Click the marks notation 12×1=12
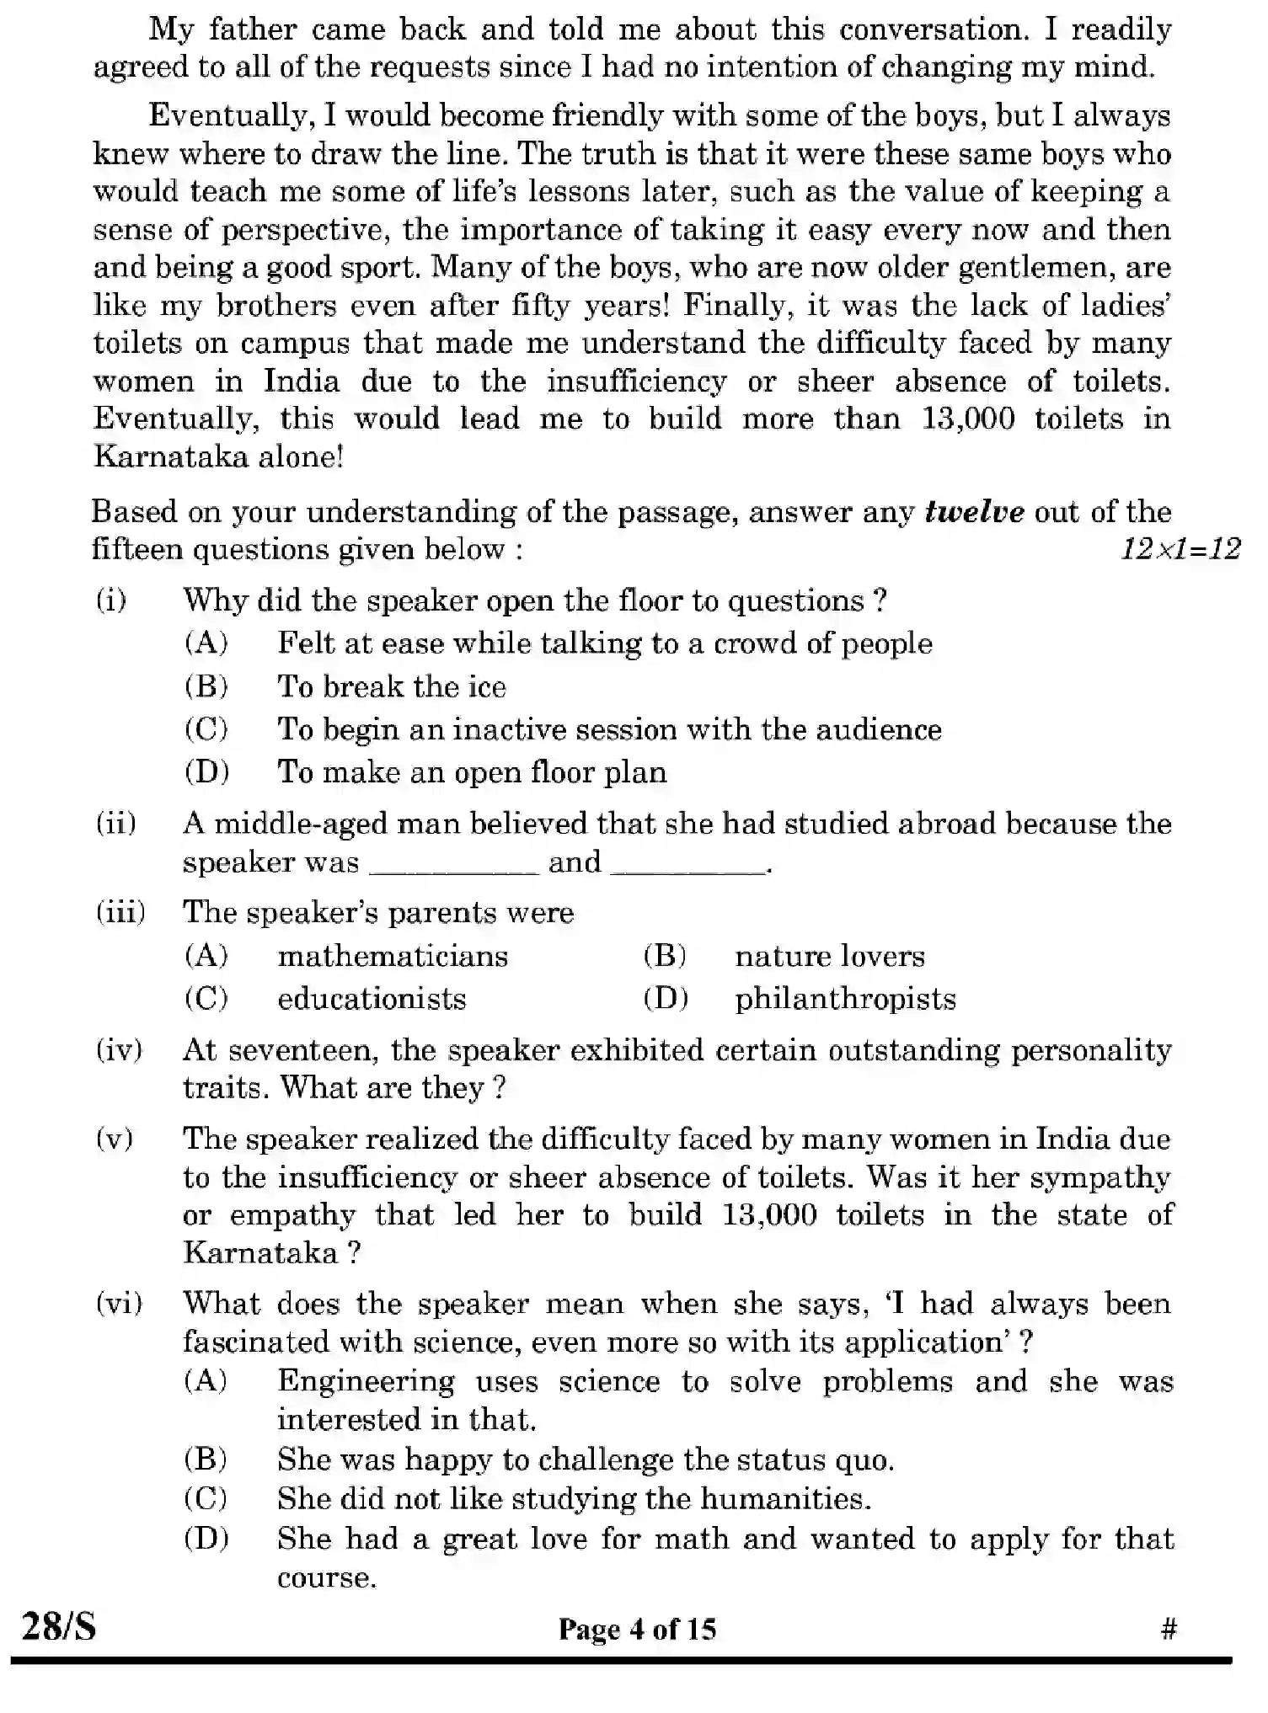[1180, 550]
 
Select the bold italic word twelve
[974, 512]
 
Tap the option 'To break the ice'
[392, 686]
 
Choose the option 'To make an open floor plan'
[472, 772]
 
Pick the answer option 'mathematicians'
[393, 956]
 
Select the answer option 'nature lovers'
[829, 956]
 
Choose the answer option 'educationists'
[372, 999]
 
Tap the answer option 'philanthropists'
[845, 999]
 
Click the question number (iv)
[119, 1050]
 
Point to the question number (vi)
[119, 1304]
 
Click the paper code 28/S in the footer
[59, 1625]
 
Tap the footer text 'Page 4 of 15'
[637, 1629]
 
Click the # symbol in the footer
[1168, 1629]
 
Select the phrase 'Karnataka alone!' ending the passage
[218, 456]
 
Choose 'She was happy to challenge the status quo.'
[586, 1460]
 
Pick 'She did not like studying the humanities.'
[574, 1498]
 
